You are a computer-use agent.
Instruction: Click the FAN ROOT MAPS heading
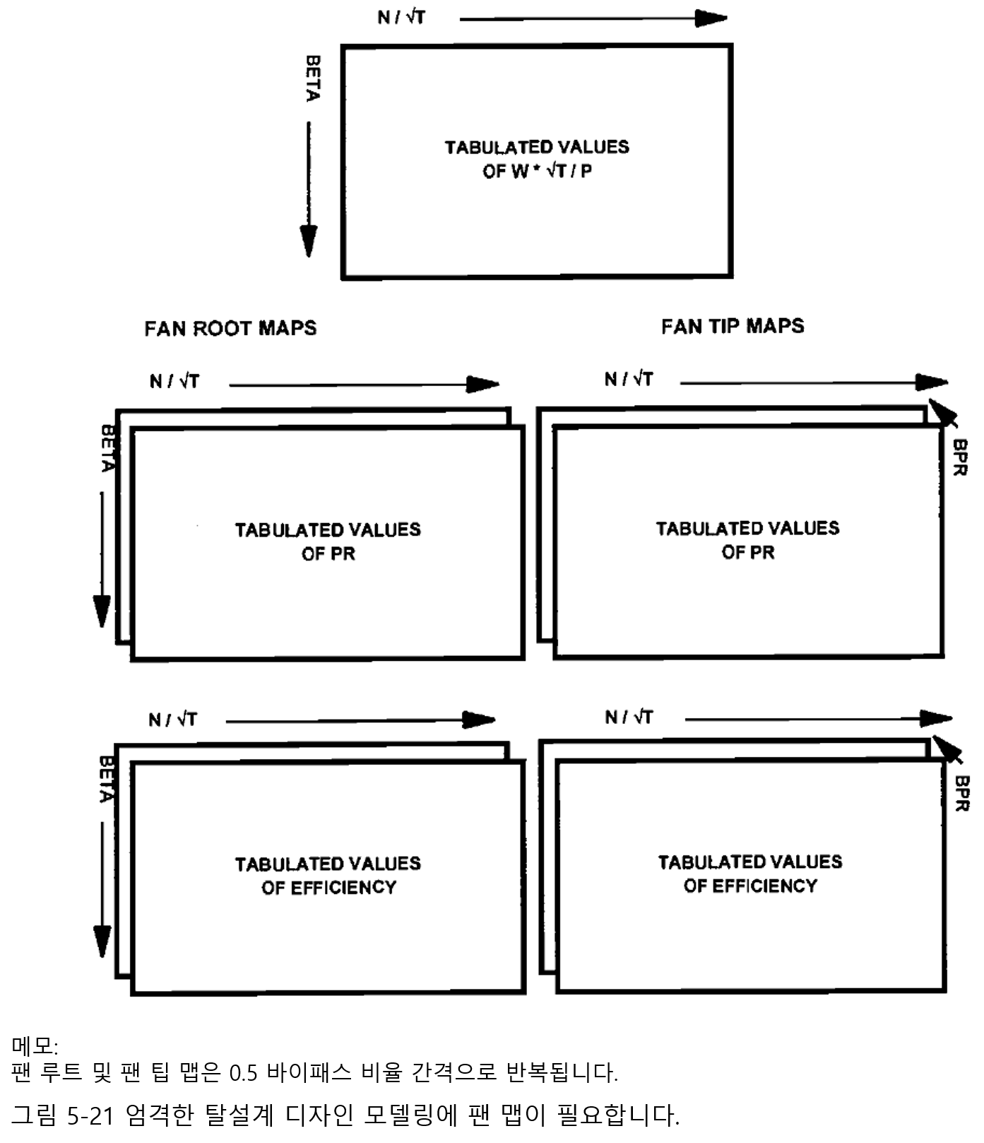coord(230,328)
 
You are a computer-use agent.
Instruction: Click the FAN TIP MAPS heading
coord(733,326)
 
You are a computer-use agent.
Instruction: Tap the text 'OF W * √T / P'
coord(537,171)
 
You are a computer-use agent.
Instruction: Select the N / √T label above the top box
coord(401,17)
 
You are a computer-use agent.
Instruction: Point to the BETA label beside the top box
coord(313,78)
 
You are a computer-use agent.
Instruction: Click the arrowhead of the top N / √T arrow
coord(712,18)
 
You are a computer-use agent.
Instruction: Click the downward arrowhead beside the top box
coord(309,240)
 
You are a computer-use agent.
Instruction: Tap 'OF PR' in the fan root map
coord(328,554)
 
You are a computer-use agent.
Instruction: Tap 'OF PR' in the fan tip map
coord(748,553)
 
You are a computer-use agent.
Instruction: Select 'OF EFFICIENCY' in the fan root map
coord(328,888)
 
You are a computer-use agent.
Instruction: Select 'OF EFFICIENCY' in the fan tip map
coord(750,886)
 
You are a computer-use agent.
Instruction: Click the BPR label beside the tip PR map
coord(960,457)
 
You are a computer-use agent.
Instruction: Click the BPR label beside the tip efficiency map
coord(962,793)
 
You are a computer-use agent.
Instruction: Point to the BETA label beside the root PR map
coord(108,448)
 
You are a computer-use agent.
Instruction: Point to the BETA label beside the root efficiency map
coord(107,780)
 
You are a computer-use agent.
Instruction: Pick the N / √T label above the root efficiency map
coord(173,720)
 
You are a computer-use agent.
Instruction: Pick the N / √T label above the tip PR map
coord(629,380)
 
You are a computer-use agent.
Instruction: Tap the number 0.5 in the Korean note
coord(243,1073)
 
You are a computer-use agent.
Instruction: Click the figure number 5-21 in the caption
coord(91,1116)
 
